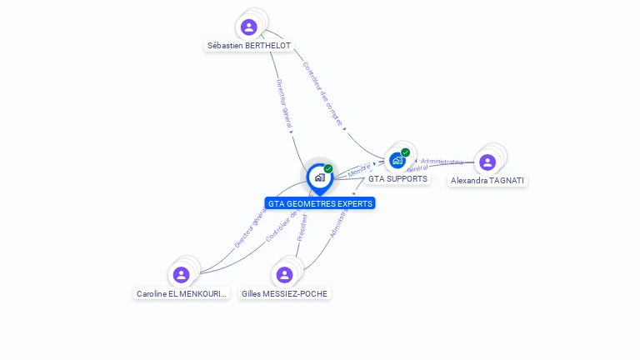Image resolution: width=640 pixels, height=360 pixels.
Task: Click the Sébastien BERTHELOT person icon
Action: tap(248, 27)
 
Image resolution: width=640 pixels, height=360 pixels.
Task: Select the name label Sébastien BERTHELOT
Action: tap(249, 46)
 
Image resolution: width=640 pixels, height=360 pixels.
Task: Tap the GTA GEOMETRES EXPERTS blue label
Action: tap(320, 203)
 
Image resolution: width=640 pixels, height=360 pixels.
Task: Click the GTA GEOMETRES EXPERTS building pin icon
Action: tap(319, 177)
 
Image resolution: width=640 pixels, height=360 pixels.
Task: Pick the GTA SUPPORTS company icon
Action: tap(397, 159)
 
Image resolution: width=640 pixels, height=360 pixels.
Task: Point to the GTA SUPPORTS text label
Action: tap(397, 179)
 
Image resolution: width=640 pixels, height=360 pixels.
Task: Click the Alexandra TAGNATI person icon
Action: tap(487, 162)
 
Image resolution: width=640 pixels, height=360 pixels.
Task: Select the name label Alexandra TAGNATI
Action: tap(487, 180)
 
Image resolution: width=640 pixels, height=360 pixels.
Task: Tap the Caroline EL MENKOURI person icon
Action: tap(181, 274)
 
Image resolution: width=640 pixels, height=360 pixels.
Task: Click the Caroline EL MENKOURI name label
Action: tap(182, 293)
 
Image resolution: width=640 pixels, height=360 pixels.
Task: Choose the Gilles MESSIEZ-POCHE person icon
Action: tap(284, 274)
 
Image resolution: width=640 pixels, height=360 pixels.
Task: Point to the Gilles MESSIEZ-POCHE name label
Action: tap(284, 293)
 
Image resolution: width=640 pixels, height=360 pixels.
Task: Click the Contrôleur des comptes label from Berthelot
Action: tap(322, 93)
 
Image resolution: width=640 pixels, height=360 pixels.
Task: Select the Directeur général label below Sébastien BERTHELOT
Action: tap(284, 103)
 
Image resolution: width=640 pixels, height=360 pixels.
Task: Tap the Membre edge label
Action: tap(359, 169)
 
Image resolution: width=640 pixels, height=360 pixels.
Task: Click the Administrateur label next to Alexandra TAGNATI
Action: tap(442, 161)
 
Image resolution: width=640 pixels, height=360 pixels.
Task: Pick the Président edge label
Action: tap(302, 227)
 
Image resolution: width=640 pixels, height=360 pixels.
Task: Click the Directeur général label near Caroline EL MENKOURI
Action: tap(249, 227)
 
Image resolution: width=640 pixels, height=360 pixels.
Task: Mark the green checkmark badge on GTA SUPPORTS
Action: tap(405, 152)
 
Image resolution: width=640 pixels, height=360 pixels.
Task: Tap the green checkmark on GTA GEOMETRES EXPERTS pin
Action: tap(328, 168)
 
